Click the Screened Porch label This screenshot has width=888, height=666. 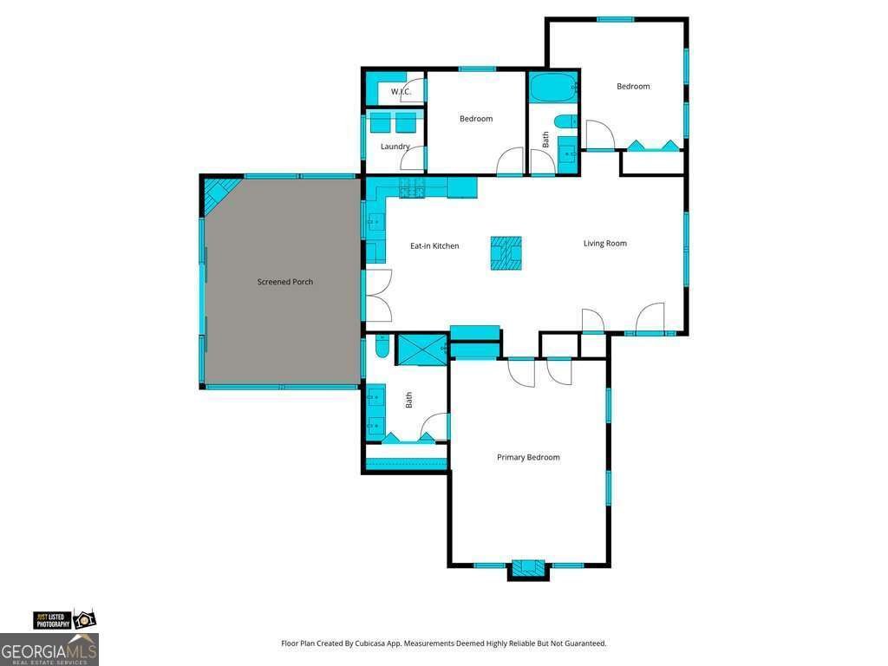pyautogui.click(x=284, y=282)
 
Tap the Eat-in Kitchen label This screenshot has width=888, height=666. pyautogui.click(x=434, y=246)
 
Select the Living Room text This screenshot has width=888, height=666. pyautogui.click(x=604, y=244)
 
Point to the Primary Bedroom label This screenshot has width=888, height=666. pyautogui.click(x=527, y=457)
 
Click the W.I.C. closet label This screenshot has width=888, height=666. pyautogui.click(x=400, y=92)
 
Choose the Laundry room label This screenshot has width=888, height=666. pyautogui.click(x=395, y=147)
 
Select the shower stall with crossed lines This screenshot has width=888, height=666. pyautogui.click(x=421, y=349)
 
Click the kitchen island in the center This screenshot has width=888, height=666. pyautogui.click(x=506, y=253)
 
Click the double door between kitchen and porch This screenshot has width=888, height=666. pyautogui.click(x=376, y=296)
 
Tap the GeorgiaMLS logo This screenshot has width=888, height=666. pyautogui.click(x=49, y=650)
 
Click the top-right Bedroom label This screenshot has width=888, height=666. pyautogui.click(x=633, y=86)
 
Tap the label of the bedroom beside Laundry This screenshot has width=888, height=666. pyautogui.click(x=475, y=119)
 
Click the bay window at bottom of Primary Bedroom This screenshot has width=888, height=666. pyautogui.click(x=527, y=569)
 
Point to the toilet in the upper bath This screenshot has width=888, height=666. pyautogui.click(x=565, y=121)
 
